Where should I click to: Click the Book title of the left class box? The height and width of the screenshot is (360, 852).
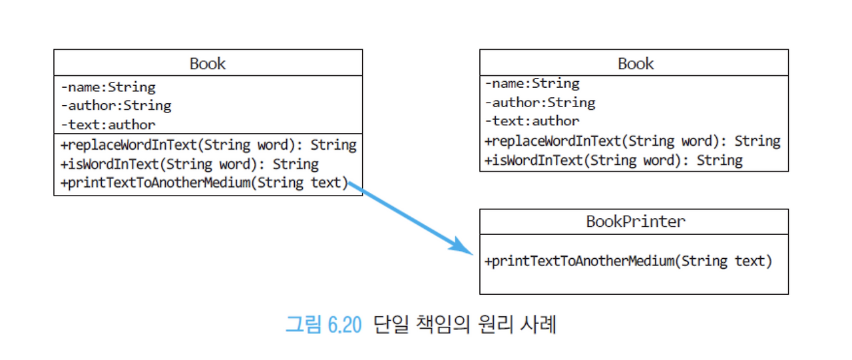[x=208, y=64]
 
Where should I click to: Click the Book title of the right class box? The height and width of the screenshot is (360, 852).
[x=636, y=64]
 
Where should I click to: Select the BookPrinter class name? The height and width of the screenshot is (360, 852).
[x=635, y=222]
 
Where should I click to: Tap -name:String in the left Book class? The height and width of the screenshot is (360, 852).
[x=108, y=87]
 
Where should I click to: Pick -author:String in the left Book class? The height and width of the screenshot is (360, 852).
[x=116, y=106]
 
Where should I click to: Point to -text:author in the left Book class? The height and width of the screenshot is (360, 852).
[x=108, y=124]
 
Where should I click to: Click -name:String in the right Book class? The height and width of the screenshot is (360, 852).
[x=532, y=84]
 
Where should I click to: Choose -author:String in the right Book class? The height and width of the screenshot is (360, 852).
[x=540, y=102]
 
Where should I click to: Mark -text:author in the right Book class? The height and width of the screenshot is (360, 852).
[x=532, y=121]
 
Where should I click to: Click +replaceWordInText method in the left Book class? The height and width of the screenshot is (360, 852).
[x=208, y=145]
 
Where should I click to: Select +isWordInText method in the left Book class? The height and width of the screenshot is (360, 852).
[x=190, y=164]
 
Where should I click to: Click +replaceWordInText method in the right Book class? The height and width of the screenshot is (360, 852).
[x=632, y=141]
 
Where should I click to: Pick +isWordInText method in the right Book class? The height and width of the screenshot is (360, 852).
[x=614, y=160]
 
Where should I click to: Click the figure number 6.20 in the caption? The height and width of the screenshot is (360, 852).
[x=344, y=326]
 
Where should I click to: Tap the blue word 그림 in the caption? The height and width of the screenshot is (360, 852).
[x=304, y=326]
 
